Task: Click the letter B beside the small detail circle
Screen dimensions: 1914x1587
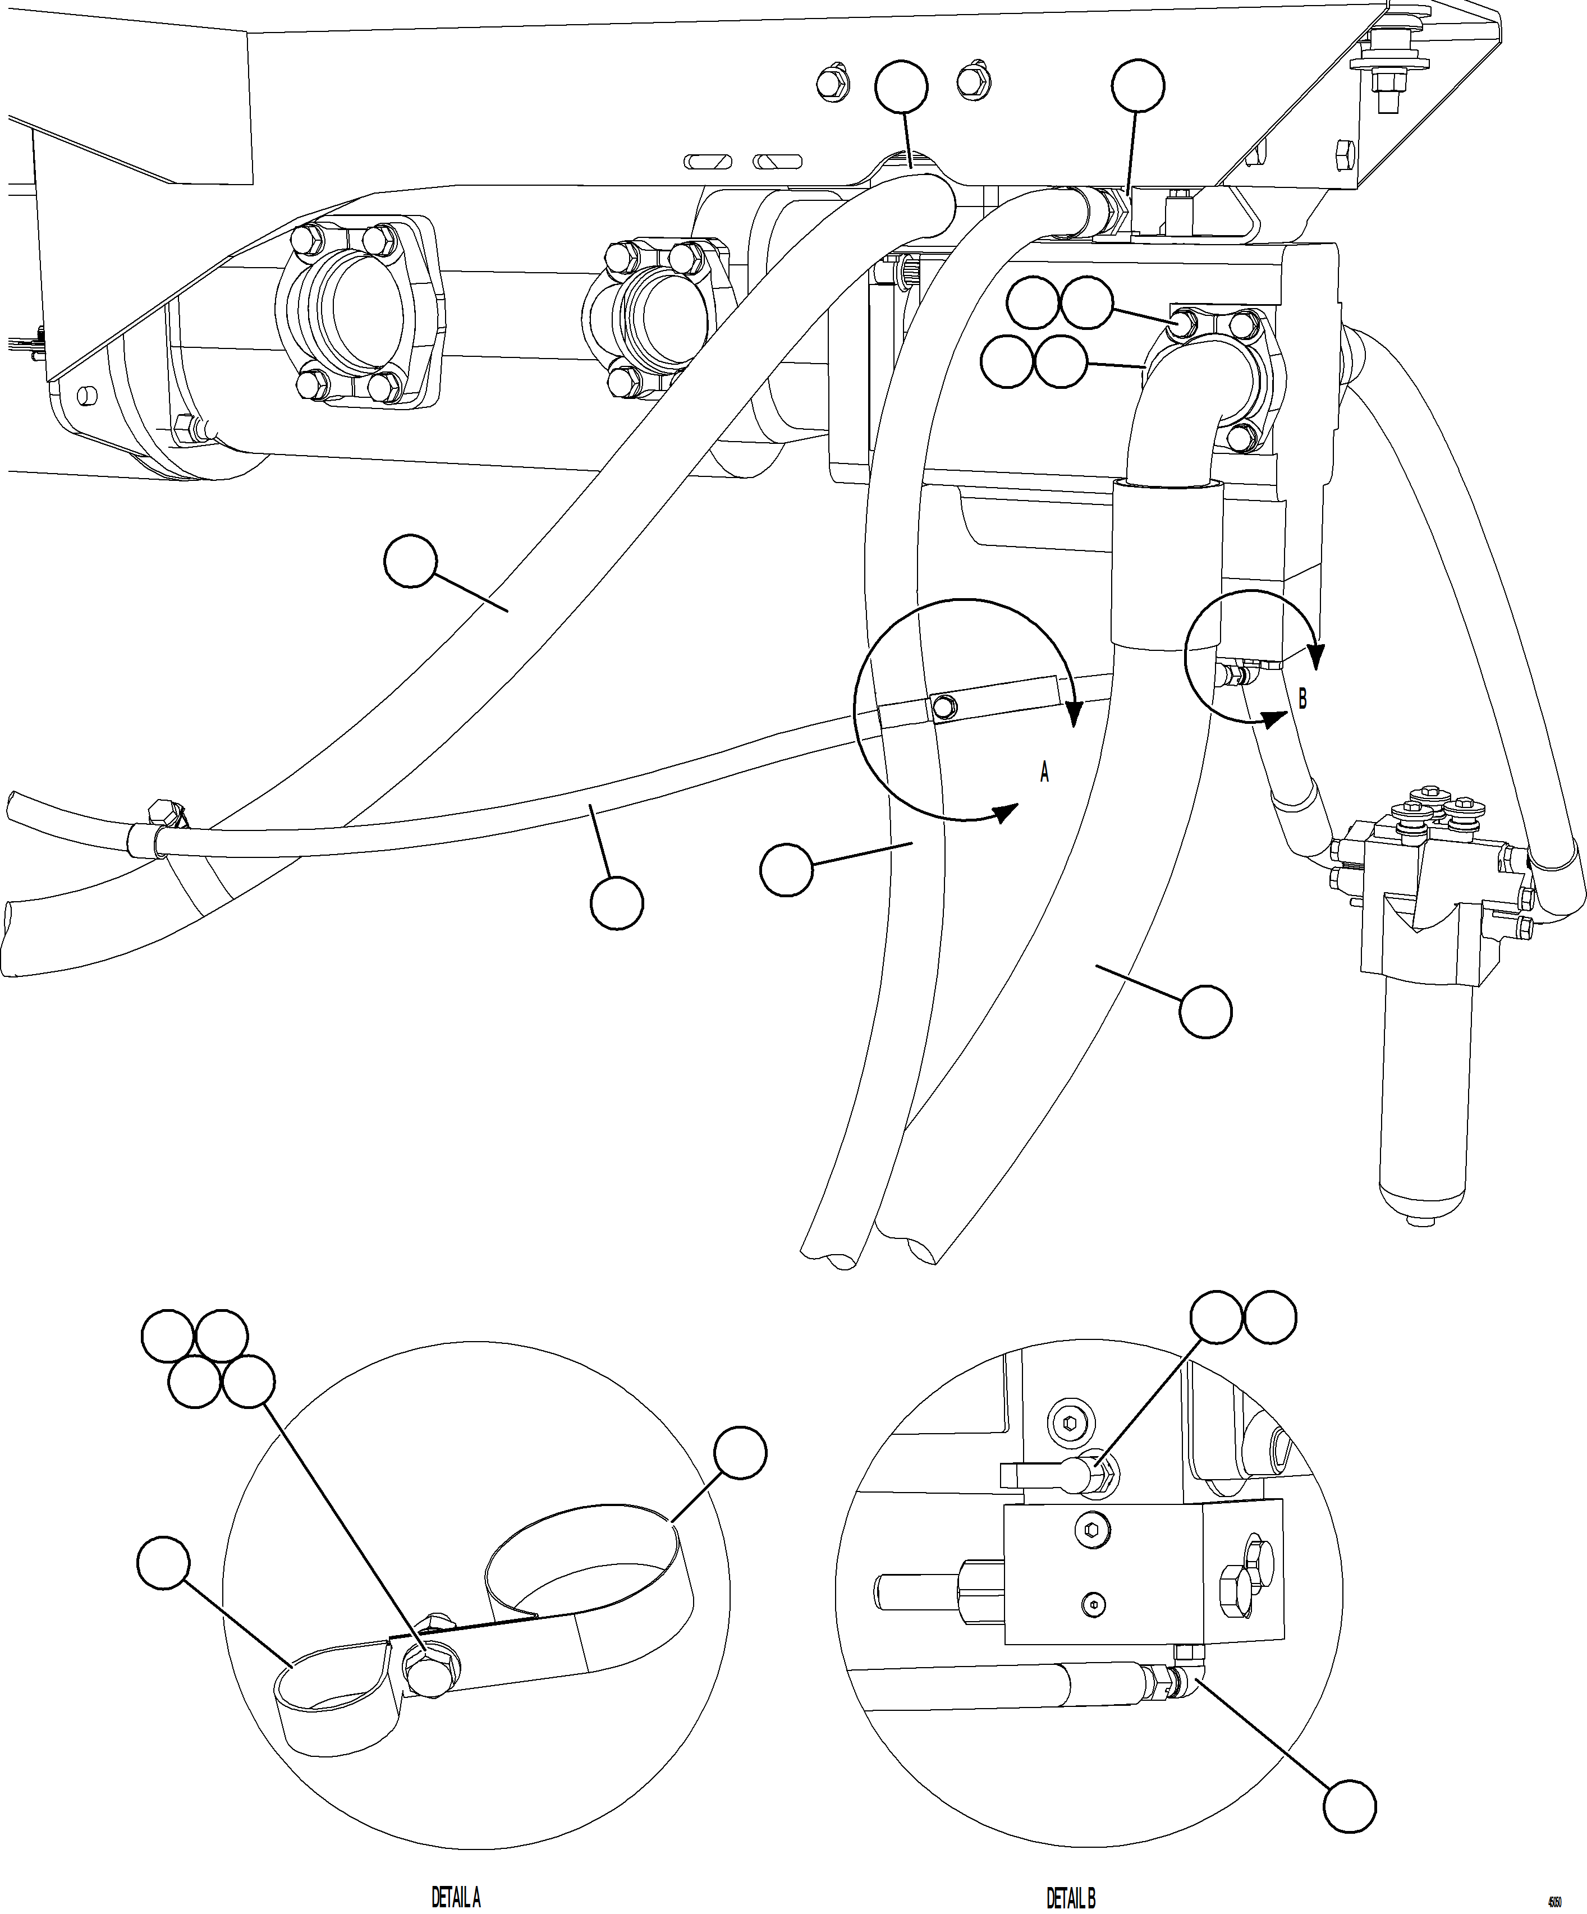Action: pos(1302,700)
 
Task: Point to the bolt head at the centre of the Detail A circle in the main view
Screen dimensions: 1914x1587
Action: pos(944,706)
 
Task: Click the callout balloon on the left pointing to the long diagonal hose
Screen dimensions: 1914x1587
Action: pos(410,562)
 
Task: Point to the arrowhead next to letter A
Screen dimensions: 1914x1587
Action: pos(1006,812)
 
